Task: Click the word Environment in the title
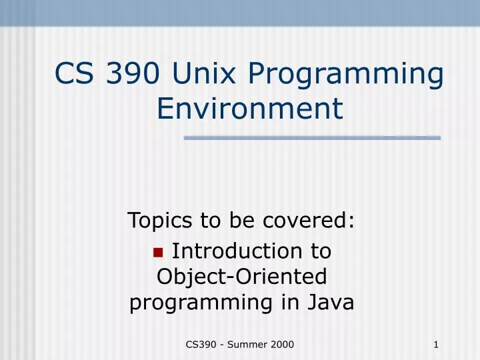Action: (x=250, y=109)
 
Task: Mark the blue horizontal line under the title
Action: (x=312, y=138)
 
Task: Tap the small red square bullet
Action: (x=158, y=252)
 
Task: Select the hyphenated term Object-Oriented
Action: (x=241, y=277)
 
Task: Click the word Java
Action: (x=331, y=302)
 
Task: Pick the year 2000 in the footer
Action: (x=282, y=344)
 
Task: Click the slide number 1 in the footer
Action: (x=435, y=344)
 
